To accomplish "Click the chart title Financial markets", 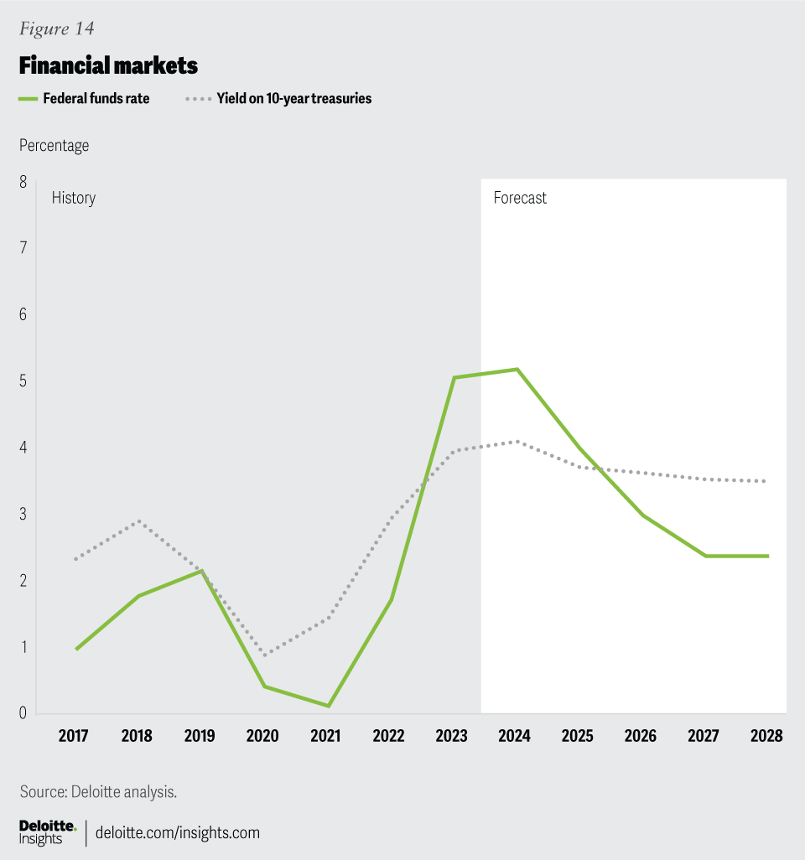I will click(108, 65).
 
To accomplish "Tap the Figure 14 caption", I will click(56, 28).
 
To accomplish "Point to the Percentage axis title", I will click(54, 145).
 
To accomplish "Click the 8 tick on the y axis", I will click(23, 181).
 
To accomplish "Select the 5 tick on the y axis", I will click(23, 381).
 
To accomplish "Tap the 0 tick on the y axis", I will click(23, 713).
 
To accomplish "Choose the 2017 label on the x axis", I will click(74, 736).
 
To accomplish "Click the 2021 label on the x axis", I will click(325, 736).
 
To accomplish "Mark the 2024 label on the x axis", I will click(514, 736).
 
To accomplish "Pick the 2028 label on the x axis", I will click(766, 736).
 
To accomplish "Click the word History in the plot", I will click(74, 199).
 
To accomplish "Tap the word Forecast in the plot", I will click(520, 199).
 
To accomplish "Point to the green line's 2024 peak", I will click(517, 370).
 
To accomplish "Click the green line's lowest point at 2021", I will click(327, 706).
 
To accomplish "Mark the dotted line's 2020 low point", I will click(265, 654).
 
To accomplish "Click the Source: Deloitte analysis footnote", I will click(98, 790).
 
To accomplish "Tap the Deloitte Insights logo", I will click(48, 832).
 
